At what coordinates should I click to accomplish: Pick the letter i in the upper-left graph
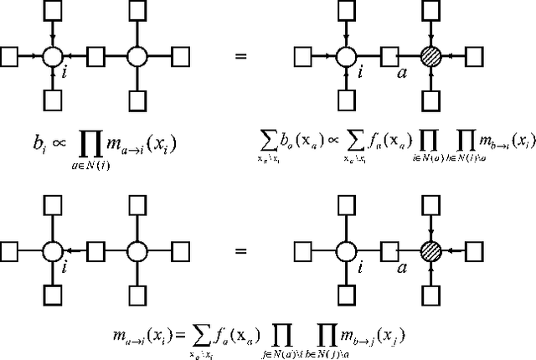tap(64, 73)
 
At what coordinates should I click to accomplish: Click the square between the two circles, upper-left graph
tap(95, 57)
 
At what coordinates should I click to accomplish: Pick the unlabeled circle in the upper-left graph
tap(137, 57)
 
